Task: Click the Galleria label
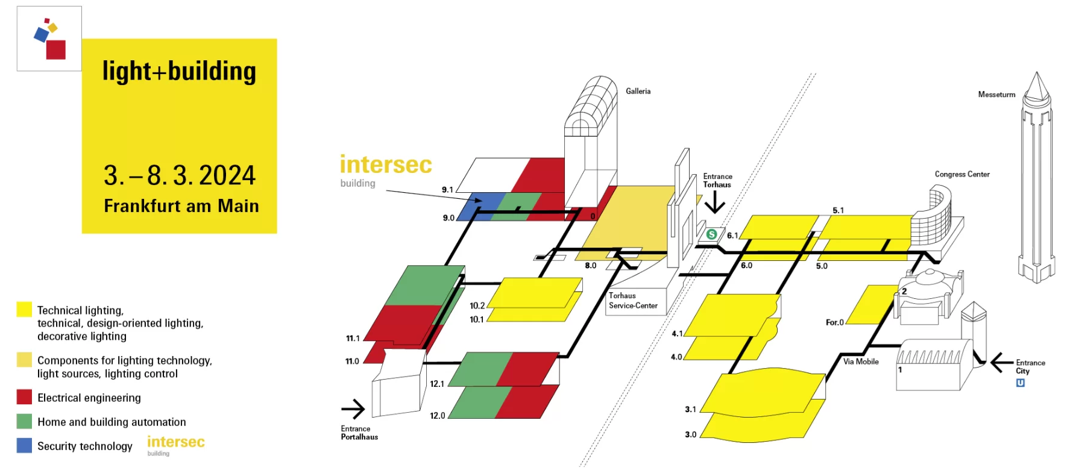point(638,91)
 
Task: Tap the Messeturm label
point(996,95)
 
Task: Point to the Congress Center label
point(962,174)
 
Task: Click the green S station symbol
point(711,234)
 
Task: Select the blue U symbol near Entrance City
point(1021,383)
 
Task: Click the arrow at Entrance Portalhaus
point(353,409)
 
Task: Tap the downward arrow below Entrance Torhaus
point(715,202)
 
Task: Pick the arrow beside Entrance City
point(1001,363)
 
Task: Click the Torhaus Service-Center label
point(632,301)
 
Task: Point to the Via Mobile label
point(861,362)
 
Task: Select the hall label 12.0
point(437,416)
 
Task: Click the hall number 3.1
point(690,409)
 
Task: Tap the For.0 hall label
point(834,322)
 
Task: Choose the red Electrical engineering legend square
point(24,397)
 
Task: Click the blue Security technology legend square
point(24,445)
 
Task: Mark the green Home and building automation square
point(24,421)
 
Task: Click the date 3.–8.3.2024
point(180,176)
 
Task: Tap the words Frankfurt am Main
point(181,206)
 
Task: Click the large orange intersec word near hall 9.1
point(386,164)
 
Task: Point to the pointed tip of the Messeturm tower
point(1037,74)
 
